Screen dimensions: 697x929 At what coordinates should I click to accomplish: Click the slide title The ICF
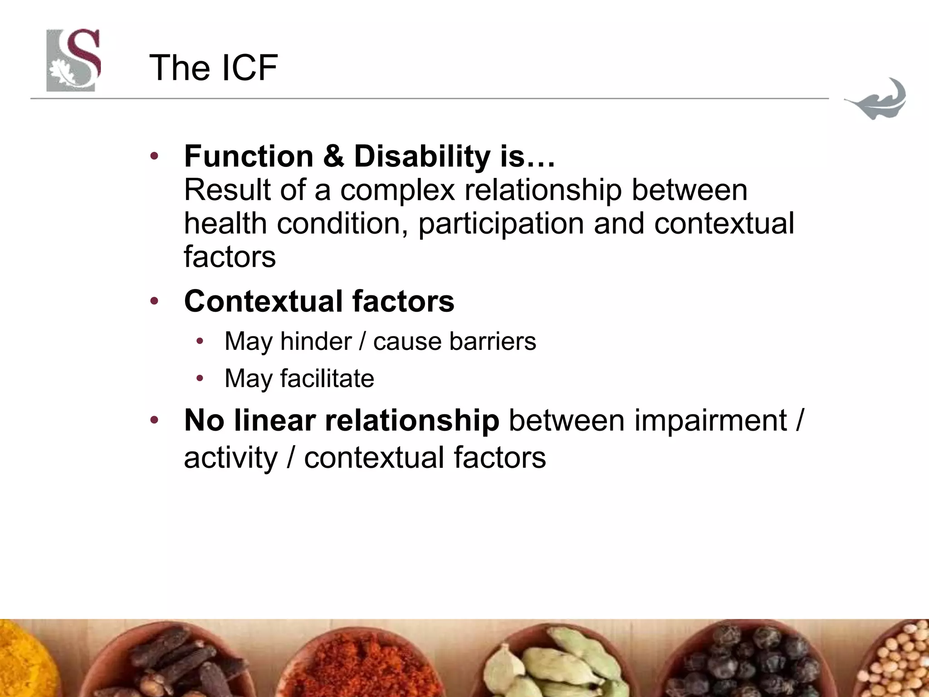coord(213,68)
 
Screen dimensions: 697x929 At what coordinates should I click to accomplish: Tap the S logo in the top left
coord(73,60)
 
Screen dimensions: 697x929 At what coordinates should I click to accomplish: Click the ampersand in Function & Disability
coord(333,157)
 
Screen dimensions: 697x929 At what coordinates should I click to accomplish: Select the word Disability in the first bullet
coord(422,157)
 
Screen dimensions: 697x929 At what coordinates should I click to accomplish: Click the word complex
coord(397,190)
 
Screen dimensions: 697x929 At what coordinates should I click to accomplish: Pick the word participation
coord(501,224)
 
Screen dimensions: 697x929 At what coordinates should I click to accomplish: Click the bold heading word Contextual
coord(263,301)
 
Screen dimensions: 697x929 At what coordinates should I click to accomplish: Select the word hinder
coord(316,341)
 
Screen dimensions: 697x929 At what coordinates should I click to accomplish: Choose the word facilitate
coord(327,378)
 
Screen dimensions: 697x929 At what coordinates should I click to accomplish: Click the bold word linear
coord(275,421)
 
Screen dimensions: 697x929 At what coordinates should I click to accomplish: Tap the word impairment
coord(710,421)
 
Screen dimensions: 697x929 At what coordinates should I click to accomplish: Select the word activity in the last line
coord(230,458)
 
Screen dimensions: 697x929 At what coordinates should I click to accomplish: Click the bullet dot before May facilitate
coord(200,378)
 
